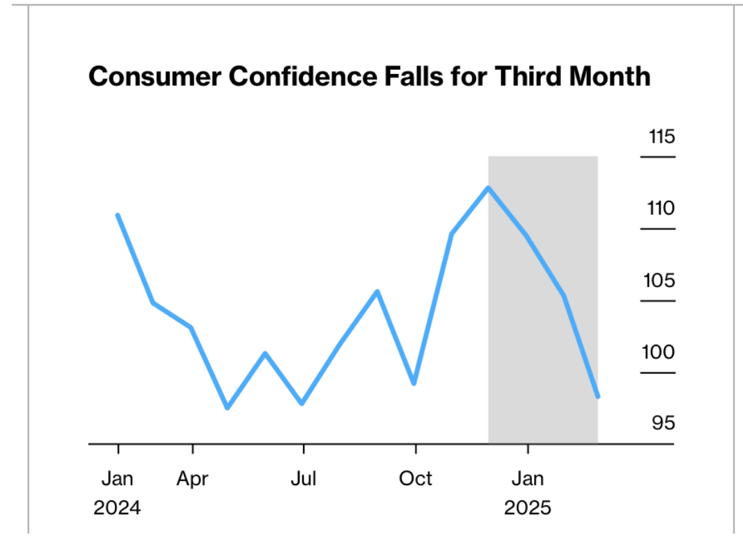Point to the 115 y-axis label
(661, 136)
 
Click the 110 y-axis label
(661, 208)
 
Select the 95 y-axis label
(663, 423)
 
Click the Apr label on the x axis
(192, 478)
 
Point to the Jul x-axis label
(303, 478)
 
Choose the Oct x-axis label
(415, 478)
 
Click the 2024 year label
(118, 508)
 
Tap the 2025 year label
(528, 508)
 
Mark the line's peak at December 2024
(488, 188)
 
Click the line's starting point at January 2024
(118, 215)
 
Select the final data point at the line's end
(598, 397)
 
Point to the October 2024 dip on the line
(414, 383)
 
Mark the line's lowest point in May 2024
(228, 408)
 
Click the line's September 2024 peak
(377, 291)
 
